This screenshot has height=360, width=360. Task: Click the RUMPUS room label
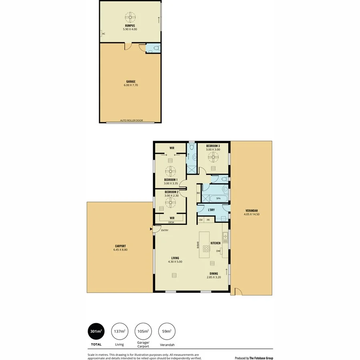[x=130, y=27]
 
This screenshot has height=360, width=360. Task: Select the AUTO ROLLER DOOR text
[x=131, y=120]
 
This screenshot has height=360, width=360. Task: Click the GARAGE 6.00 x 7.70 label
[x=130, y=83]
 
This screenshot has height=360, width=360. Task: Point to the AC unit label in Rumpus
[x=103, y=34]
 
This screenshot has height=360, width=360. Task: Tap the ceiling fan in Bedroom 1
[x=171, y=171]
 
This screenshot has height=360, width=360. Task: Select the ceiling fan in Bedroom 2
[x=171, y=202]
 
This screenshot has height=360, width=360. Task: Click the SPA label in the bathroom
[x=218, y=198]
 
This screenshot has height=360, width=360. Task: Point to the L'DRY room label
[x=212, y=209]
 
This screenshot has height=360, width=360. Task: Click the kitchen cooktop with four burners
[x=206, y=249]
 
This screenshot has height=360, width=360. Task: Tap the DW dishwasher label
[x=218, y=252]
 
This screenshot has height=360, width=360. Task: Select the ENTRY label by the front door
[x=164, y=230]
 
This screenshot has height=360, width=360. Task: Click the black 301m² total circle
[x=96, y=331]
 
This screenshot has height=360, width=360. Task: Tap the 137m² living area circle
[x=119, y=331]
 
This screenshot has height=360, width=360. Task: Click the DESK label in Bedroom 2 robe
[x=171, y=222]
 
